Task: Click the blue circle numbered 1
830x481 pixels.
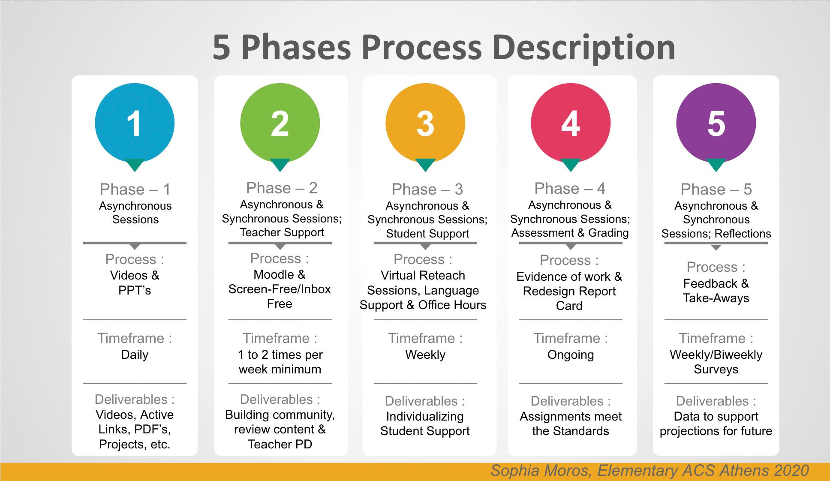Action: (135, 123)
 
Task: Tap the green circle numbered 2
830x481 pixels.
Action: (280, 123)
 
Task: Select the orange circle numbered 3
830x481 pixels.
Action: (425, 123)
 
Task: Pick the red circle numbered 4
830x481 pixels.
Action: (571, 123)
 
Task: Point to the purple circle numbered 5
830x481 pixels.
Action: (716, 123)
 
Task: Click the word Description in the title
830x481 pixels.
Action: (585, 48)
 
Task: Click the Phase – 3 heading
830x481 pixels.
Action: (427, 189)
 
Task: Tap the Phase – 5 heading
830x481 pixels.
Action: (716, 189)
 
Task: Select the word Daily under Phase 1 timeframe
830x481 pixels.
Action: (135, 355)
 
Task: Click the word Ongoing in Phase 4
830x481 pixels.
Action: (571, 355)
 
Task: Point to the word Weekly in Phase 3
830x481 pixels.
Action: (425, 355)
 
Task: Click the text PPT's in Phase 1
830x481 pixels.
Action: (135, 290)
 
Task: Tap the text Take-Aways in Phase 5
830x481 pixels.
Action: (716, 298)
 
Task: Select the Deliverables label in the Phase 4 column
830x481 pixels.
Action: (567, 401)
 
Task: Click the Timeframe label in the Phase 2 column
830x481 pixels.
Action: (276, 338)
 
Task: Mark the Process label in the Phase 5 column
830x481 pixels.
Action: (712, 267)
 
